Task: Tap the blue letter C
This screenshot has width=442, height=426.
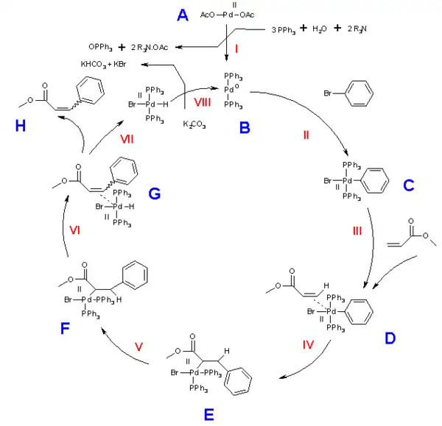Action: (x=407, y=186)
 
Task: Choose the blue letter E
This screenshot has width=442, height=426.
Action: (x=210, y=415)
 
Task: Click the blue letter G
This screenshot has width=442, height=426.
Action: (x=154, y=194)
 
